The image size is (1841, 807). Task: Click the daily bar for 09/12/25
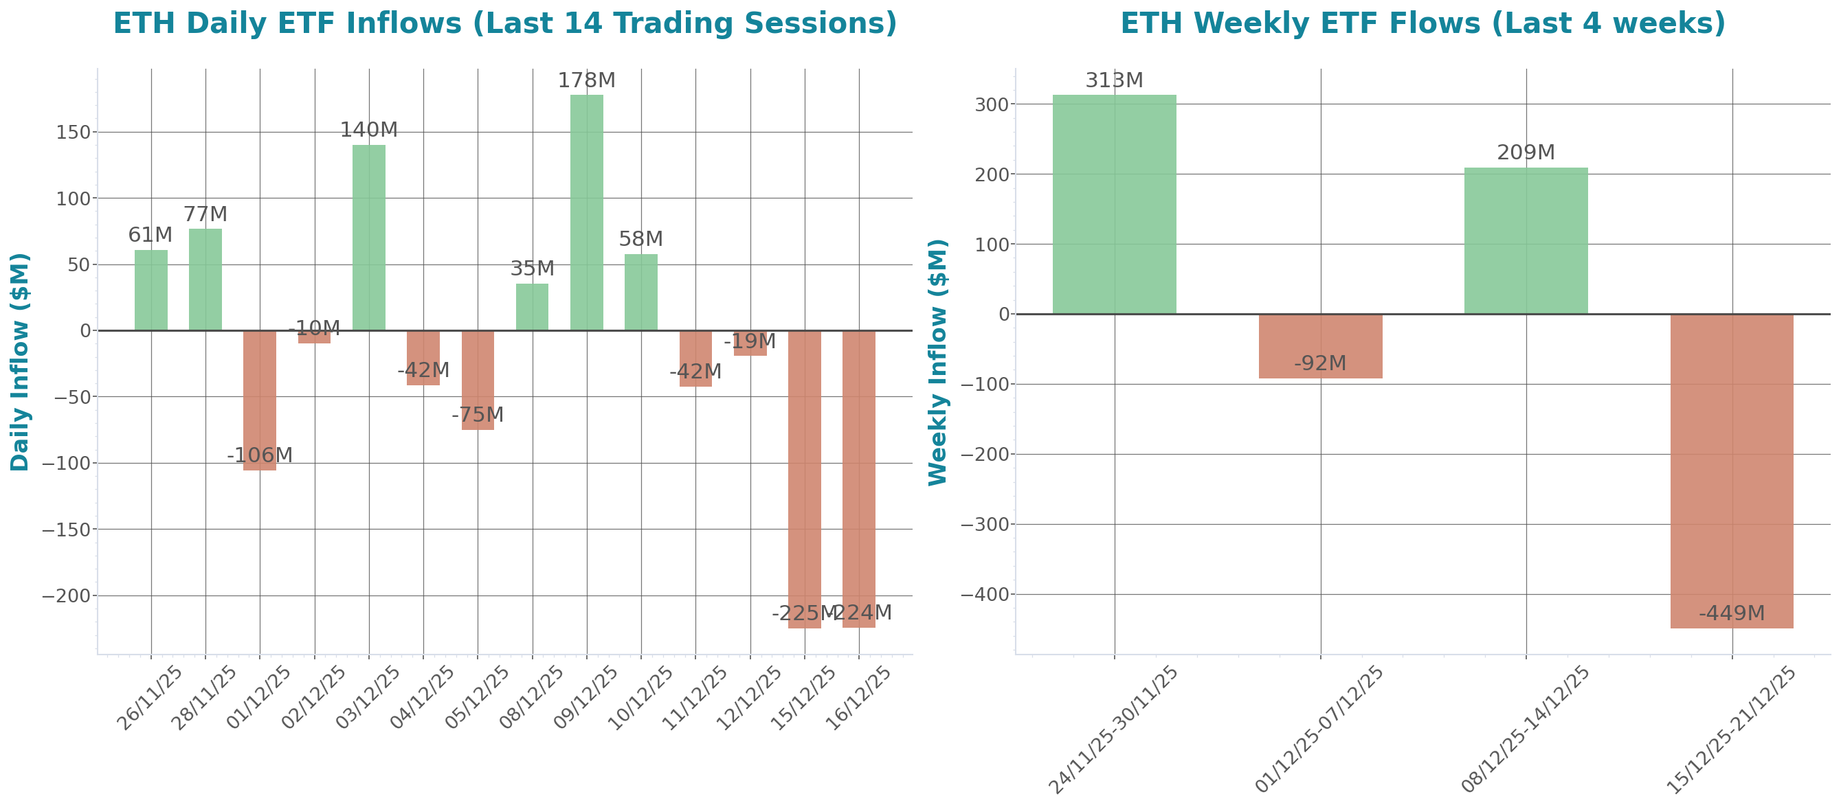click(586, 212)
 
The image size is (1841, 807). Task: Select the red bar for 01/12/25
click(260, 400)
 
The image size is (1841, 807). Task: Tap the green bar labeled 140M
click(369, 237)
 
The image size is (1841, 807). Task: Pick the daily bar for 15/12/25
click(804, 479)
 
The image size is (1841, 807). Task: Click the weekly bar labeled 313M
click(1114, 204)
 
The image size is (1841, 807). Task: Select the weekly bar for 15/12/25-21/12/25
click(1732, 471)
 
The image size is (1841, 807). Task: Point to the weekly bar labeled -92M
click(1320, 346)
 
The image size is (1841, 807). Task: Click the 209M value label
click(1526, 152)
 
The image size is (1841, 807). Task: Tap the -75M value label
click(478, 414)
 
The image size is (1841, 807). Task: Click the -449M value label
click(1732, 613)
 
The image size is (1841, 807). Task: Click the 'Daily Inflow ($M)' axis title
click(20, 361)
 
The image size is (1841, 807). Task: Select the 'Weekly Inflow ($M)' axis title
click(937, 361)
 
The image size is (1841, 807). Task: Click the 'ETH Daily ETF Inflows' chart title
click(504, 23)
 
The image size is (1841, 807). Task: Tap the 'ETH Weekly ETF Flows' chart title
click(1422, 23)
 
